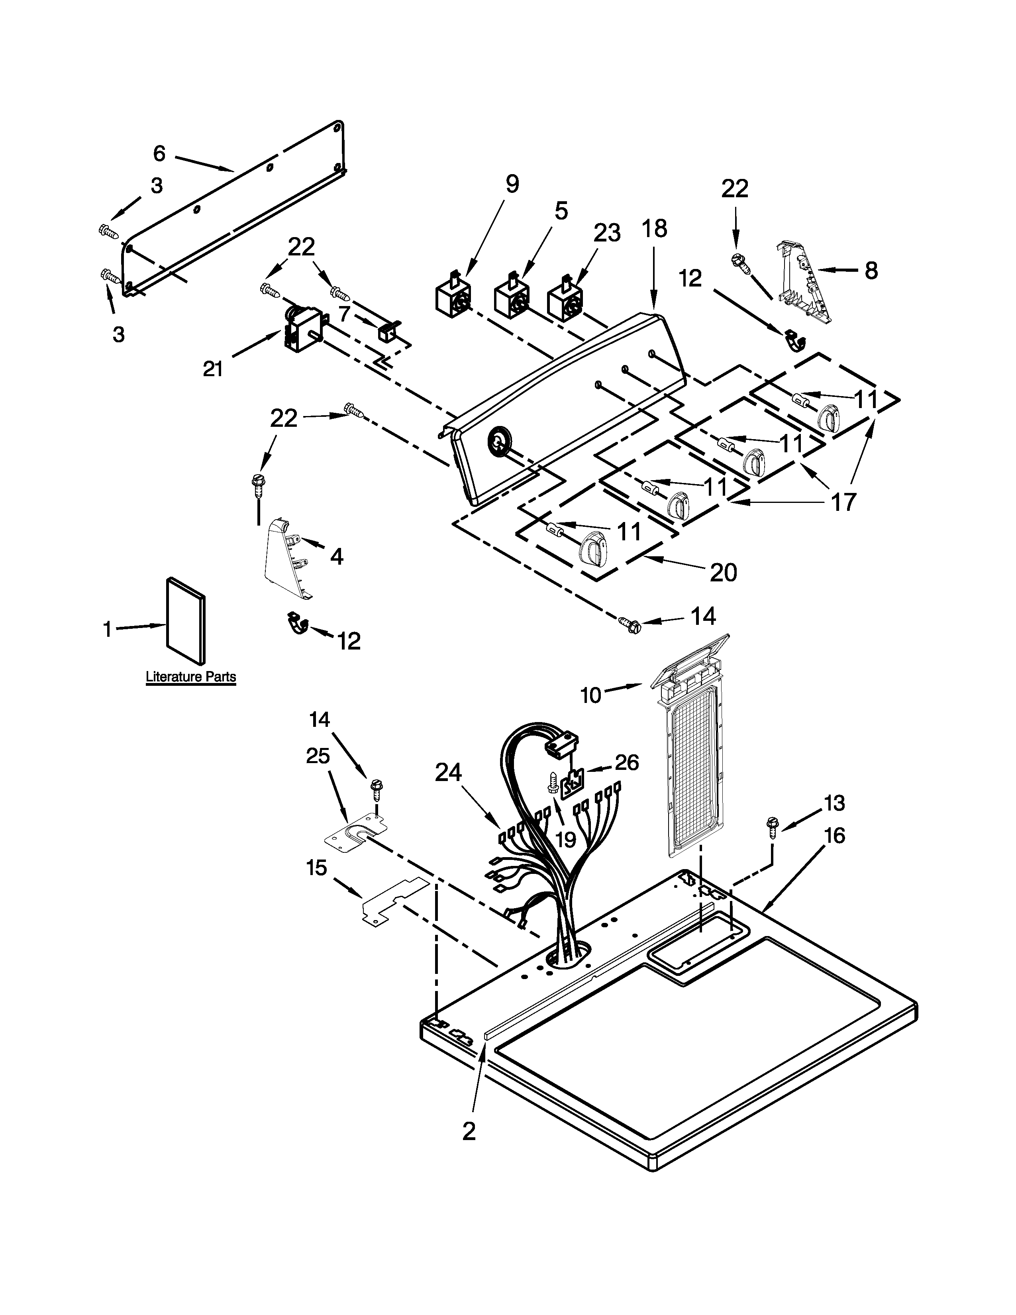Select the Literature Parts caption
click(191, 677)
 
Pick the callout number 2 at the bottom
click(469, 1131)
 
